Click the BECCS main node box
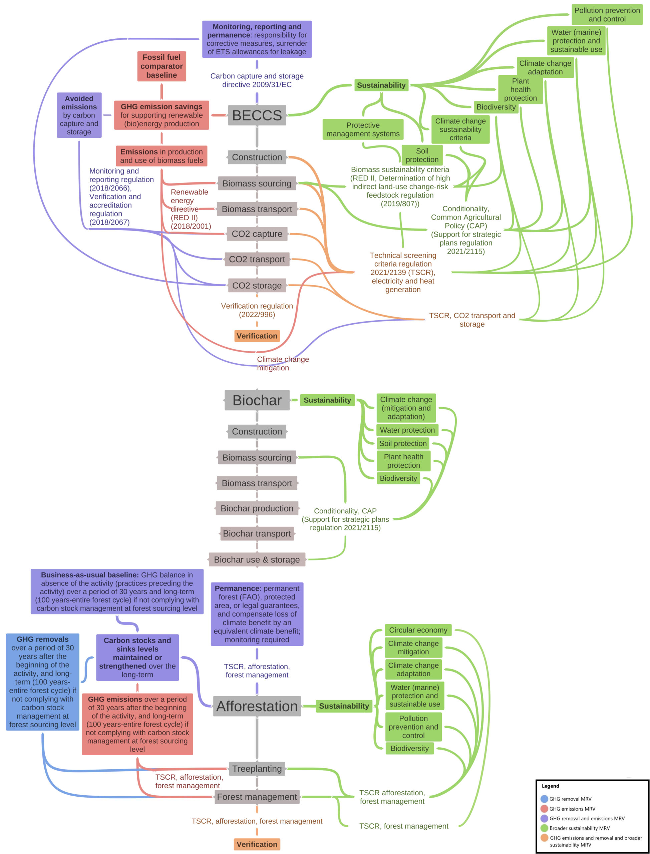pyautogui.click(x=257, y=115)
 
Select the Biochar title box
pyautogui.click(x=257, y=400)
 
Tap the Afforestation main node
pyautogui.click(x=257, y=706)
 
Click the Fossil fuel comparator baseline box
pyautogui.click(x=161, y=66)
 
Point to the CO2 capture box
pyautogui.click(x=257, y=234)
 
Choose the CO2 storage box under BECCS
pyautogui.click(x=257, y=286)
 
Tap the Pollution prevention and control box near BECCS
pyautogui.click(x=607, y=15)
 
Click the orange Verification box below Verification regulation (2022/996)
pyautogui.click(x=257, y=336)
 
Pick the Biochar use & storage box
pyautogui.click(x=257, y=559)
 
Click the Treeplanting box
pyautogui.click(x=257, y=769)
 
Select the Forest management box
pyautogui.click(x=257, y=797)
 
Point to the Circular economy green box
pyautogui.click(x=418, y=630)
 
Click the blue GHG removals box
pyautogui.click(x=43, y=682)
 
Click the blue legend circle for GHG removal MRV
pyautogui.click(x=544, y=799)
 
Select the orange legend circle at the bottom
pyautogui.click(x=544, y=838)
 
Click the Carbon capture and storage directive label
pyautogui.click(x=257, y=80)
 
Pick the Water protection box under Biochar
pyautogui.click(x=407, y=430)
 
